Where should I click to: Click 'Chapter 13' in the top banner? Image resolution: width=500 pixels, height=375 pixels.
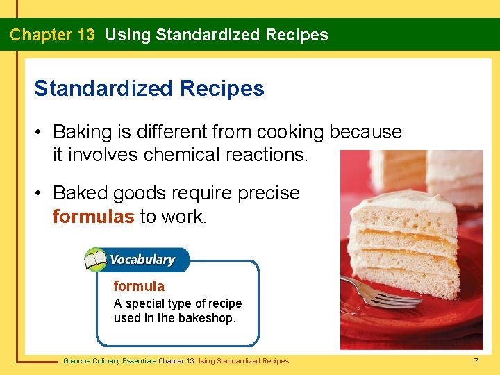[52, 35]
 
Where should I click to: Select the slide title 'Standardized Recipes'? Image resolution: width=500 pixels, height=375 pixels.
[149, 89]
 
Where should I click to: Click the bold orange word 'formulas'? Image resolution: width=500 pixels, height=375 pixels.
[93, 216]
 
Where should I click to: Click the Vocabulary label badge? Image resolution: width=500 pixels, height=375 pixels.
[142, 260]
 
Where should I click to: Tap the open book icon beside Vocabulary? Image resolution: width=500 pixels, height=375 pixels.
[95, 261]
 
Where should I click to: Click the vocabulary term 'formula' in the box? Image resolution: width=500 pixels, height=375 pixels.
[139, 286]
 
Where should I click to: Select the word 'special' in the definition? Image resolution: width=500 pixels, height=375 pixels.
[146, 303]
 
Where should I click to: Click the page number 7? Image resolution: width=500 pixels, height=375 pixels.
[476, 361]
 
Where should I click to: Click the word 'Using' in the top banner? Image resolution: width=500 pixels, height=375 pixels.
[127, 35]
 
